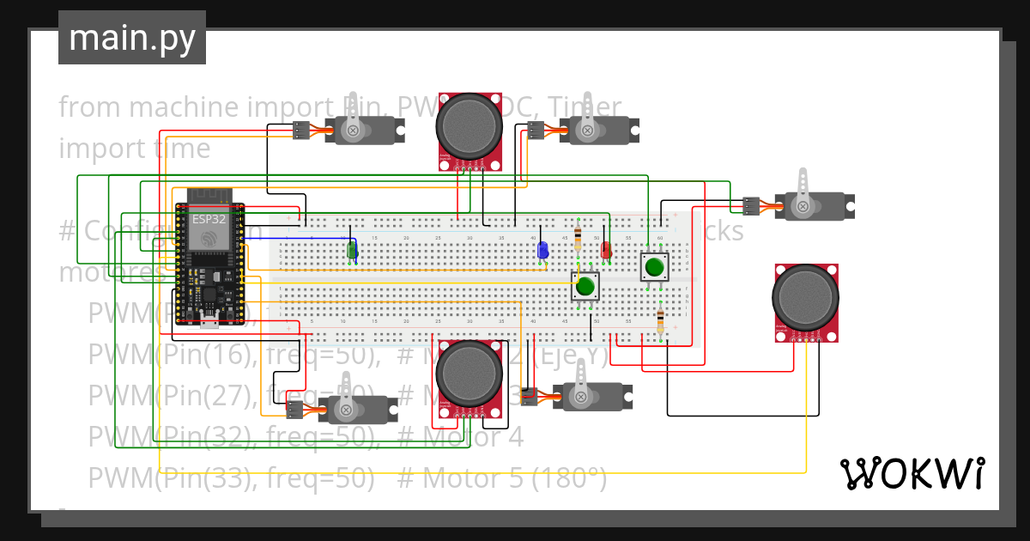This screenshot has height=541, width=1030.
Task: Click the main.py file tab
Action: click(x=131, y=38)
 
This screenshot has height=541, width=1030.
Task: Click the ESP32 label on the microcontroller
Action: click(x=209, y=219)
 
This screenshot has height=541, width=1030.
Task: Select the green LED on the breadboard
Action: click(x=351, y=250)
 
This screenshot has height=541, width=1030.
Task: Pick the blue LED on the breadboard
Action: click(x=542, y=250)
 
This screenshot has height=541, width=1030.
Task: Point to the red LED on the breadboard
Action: click(x=605, y=250)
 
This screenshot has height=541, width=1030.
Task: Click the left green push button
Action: click(x=585, y=286)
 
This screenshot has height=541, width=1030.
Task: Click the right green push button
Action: click(x=654, y=266)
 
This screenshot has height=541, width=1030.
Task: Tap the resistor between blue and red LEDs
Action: click(x=578, y=238)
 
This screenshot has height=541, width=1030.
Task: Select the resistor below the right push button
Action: click(x=659, y=322)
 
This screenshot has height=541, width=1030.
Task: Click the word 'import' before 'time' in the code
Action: click(x=92, y=149)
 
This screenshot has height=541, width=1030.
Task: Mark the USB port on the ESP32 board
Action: click(x=209, y=322)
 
